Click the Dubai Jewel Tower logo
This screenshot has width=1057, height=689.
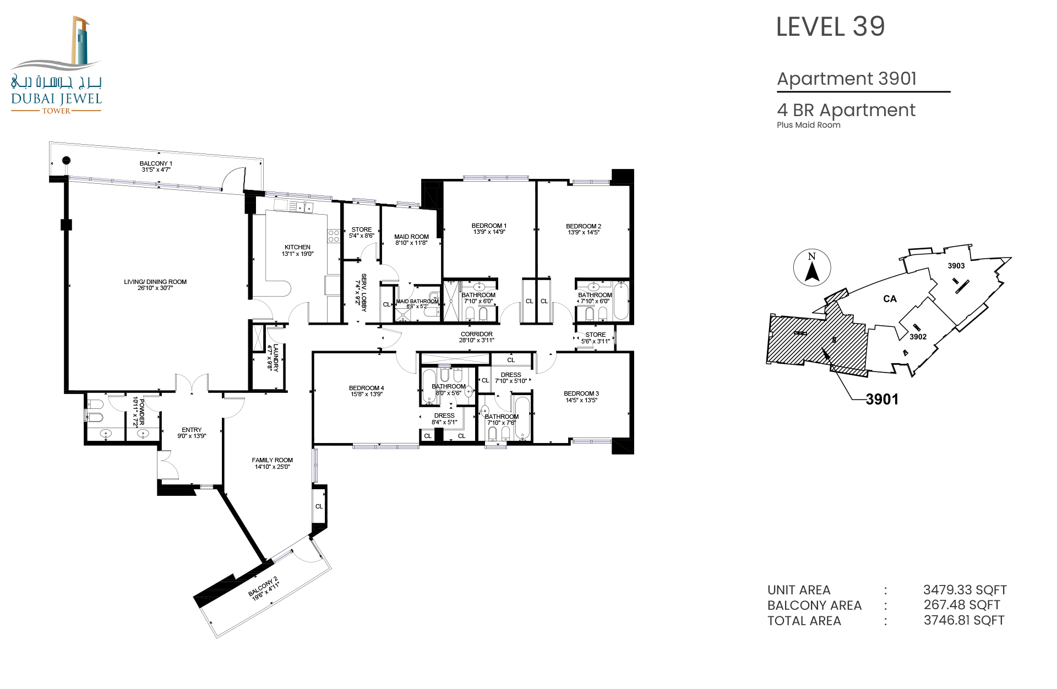57,65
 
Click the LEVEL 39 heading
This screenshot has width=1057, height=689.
830,27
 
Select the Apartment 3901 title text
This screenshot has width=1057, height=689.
847,79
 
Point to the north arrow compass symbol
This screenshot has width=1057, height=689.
812,267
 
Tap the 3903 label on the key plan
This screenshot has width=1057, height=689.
956,266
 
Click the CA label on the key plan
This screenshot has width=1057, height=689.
890,299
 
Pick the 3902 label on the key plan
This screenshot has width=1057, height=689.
918,337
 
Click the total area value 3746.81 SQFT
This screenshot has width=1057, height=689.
964,621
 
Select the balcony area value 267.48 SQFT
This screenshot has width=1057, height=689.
962,605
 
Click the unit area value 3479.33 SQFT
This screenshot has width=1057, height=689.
965,590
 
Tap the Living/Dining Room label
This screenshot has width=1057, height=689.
155,282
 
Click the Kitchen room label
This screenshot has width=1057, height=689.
297,247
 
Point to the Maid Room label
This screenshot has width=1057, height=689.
411,237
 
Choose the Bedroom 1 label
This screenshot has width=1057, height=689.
489,226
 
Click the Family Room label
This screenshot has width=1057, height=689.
273,460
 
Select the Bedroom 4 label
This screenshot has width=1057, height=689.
367,388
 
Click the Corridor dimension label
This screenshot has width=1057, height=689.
477,340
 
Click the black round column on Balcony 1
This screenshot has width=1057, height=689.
66,161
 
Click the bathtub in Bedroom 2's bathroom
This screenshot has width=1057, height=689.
621,301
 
